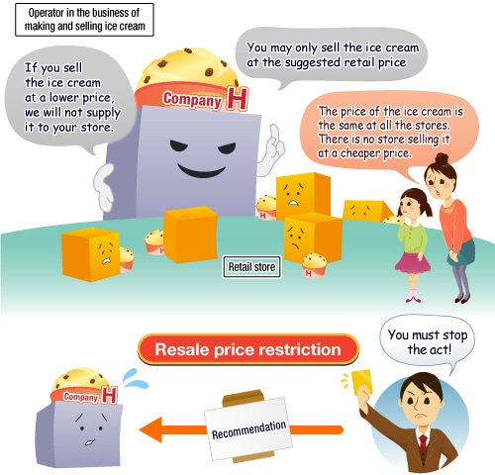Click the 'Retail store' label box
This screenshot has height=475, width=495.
point(251,267)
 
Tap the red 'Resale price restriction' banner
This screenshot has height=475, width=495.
point(248,349)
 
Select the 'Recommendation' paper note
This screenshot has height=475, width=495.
point(248,428)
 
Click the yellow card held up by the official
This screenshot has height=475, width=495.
point(362,382)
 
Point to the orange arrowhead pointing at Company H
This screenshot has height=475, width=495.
point(151,429)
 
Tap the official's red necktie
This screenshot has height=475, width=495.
point(424,444)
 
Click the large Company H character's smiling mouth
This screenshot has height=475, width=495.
point(201,170)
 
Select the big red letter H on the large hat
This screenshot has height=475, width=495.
point(237,99)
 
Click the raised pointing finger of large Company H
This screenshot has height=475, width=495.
point(274,134)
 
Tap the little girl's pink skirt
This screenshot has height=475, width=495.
point(413,264)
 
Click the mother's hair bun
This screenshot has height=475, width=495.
point(442,159)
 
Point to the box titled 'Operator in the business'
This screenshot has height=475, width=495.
point(84,20)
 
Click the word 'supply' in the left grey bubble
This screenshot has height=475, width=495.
point(103,114)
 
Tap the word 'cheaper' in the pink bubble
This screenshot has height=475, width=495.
point(375,153)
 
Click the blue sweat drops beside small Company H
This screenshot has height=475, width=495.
point(135,379)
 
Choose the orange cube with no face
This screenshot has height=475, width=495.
point(190,235)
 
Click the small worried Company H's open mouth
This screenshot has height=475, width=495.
point(90,442)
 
